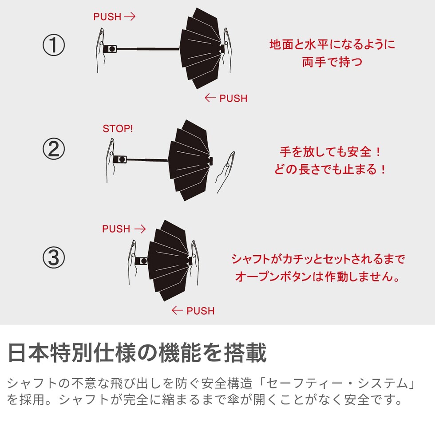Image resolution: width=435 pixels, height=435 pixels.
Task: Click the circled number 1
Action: point(54,45)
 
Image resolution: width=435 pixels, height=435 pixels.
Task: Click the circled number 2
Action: point(54,149)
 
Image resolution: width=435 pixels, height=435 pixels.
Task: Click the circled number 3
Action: point(54,257)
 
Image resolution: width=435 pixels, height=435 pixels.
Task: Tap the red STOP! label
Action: point(118,128)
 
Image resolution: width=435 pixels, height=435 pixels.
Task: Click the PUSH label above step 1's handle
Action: point(107,17)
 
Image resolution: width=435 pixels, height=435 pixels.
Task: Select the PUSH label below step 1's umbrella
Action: point(233,98)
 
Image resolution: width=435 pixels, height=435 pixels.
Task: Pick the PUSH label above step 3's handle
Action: point(116,229)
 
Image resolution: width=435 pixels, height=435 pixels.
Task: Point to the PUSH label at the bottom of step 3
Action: point(201,311)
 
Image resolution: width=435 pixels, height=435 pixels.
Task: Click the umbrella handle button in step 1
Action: point(112,49)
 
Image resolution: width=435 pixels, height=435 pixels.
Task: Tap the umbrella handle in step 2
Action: point(120,159)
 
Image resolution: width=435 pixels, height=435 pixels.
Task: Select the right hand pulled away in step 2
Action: point(225,172)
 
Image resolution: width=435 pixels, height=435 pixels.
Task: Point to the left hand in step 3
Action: point(132,262)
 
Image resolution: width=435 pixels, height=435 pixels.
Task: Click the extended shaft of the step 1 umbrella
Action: point(148,49)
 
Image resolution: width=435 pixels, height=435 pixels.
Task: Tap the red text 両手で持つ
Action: point(332,62)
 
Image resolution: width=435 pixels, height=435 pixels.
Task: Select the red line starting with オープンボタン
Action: point(317,276)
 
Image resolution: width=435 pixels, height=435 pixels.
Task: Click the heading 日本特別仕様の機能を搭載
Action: point(137,352)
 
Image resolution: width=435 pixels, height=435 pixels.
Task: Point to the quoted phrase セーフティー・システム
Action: point(336,384)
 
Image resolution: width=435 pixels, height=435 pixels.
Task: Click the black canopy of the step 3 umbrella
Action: point(168,261)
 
